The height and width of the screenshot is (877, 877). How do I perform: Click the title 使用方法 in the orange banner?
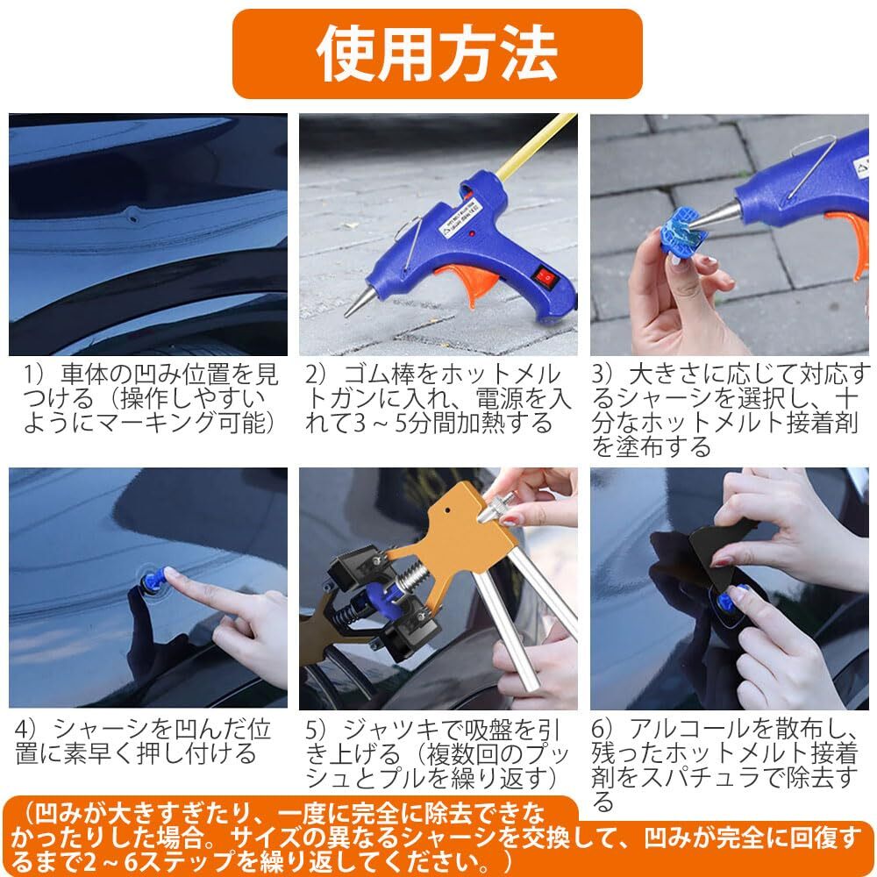(x=436, y=53)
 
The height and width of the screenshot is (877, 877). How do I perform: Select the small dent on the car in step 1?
(x=132, y=213)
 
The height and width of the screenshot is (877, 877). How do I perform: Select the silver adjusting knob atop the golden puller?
(x=496, y=510)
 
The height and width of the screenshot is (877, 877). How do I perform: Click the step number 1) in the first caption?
(x=33, y=377)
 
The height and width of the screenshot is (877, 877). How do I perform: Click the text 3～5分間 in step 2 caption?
(x=386, y=423)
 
